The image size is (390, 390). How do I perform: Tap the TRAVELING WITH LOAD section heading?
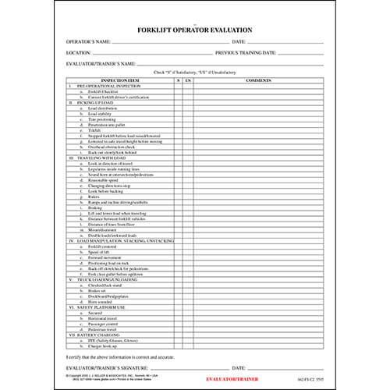click(106, 157)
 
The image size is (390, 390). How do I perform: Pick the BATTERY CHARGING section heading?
click(101, 335)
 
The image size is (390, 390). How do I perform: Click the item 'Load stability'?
click(104, 113)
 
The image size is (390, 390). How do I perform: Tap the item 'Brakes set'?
click(101, 290)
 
